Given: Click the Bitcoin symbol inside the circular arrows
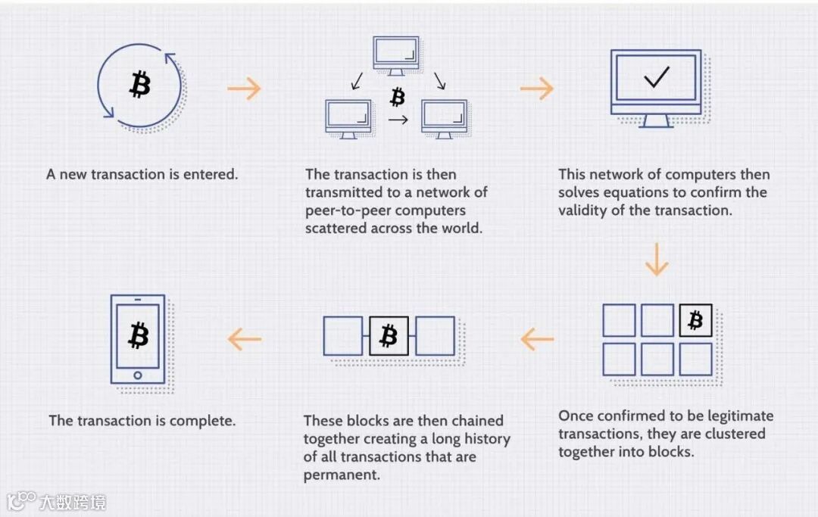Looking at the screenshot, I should tap(139, 84).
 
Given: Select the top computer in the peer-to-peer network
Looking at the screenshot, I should tap(395, 55).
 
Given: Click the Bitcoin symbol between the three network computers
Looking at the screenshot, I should tap(397, 97).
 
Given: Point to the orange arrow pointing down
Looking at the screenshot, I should tap(657, 260).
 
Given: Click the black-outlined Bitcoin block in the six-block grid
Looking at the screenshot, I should tap(695, 320).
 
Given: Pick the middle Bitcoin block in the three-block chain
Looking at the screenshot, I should tap(389, 336).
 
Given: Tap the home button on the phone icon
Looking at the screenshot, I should tap(137, 375).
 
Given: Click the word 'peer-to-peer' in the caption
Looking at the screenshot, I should tap(348, 210).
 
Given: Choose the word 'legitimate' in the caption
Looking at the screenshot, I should tap(735, 416).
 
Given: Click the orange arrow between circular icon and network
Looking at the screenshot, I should tap(244, 89).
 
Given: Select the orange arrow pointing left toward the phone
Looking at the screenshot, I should tap(244, 339).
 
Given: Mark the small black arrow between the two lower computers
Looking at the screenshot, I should tap(398, 120).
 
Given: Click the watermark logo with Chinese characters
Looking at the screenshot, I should tap(57, 502).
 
